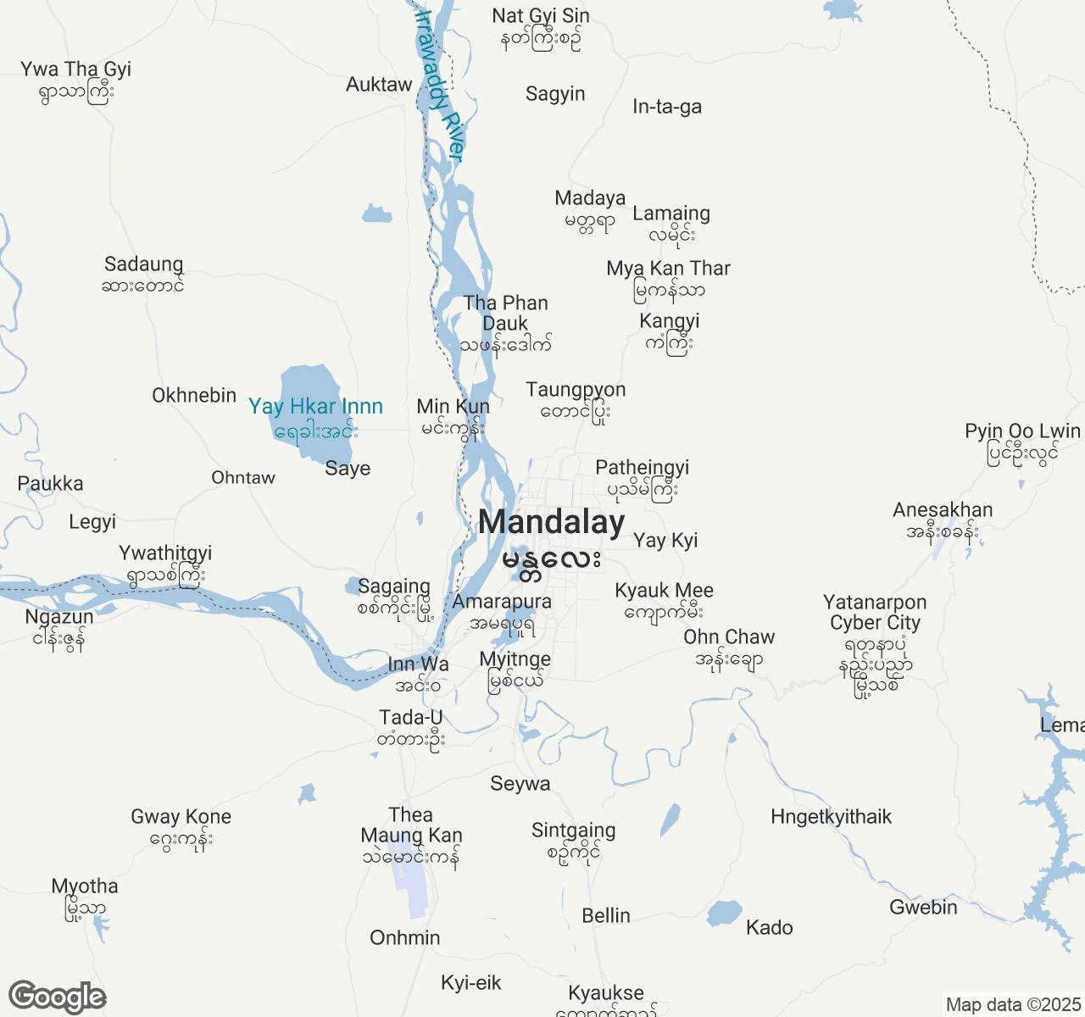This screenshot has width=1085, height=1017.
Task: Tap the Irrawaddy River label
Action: click(440, 85)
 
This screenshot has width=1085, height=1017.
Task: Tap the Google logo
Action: click(57, 997)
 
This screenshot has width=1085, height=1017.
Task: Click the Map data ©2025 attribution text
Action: click(1013, 1005)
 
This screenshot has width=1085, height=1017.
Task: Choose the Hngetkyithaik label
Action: click(831, 817)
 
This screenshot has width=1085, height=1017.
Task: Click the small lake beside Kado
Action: click(724, 914)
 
